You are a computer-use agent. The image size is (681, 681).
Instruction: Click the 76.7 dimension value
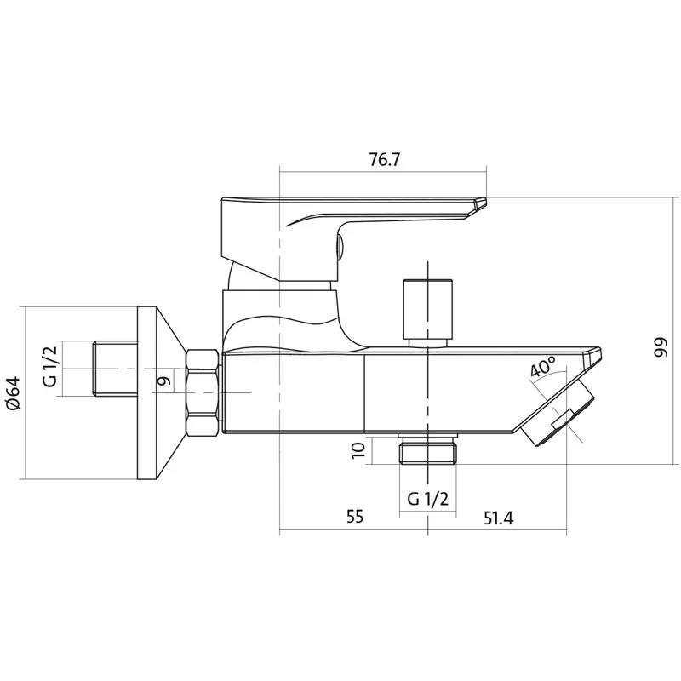(384, 160)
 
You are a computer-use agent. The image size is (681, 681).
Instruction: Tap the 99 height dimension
(660, 346)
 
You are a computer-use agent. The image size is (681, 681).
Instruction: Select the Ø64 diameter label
(13, 392)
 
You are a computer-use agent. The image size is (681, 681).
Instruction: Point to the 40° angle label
(543, 367)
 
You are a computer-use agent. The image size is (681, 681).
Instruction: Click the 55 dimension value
(354, 517)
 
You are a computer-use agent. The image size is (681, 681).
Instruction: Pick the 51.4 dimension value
(498, 518)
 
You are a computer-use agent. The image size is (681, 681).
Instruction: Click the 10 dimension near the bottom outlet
(358, 450)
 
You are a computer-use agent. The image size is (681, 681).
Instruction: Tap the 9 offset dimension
(163, 381)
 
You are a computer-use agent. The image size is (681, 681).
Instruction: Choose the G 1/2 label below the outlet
(427, 499)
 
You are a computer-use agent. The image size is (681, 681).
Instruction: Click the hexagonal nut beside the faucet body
(202, 393)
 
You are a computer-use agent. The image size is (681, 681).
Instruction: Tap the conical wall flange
(162, 393)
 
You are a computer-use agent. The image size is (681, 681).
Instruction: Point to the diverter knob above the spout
(428, 309)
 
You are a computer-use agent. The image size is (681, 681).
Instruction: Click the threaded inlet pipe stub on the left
(115, 369)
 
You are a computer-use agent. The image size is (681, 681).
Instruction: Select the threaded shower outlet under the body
(428, 449)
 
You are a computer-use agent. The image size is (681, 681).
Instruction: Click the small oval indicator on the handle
(340, 248)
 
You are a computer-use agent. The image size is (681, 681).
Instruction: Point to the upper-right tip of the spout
(600, 348)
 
